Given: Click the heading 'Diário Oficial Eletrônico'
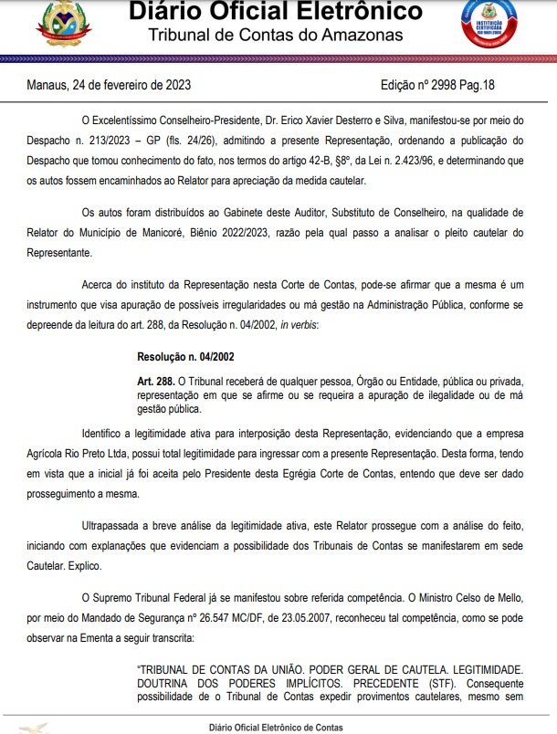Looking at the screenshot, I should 276,12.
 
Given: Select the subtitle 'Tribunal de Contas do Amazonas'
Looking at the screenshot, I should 276,35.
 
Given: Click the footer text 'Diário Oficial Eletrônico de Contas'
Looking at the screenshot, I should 278,728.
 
